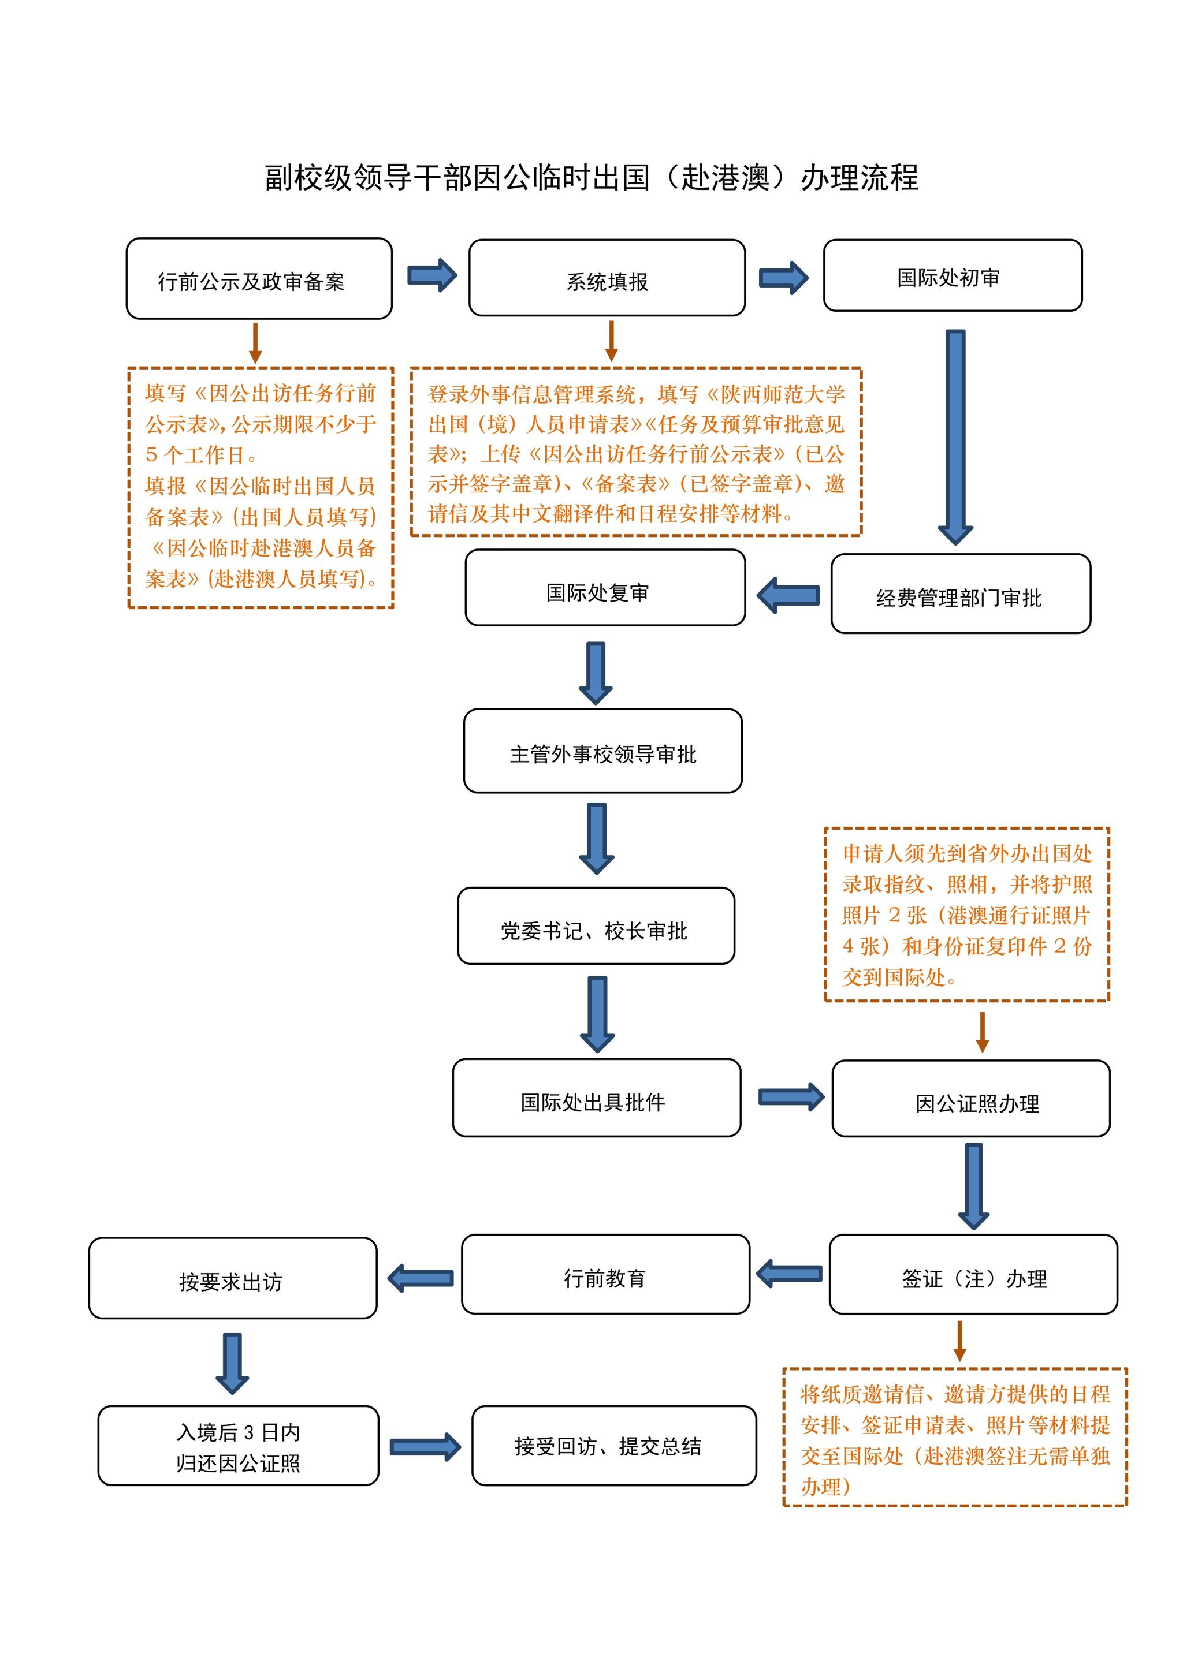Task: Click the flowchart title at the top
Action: click(x=591, y=178)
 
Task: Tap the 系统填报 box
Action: click(x=607, y=279)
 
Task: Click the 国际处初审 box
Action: click(x=952, y=276)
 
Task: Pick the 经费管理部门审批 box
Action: click(x=960, y=594)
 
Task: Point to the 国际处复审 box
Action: click(x=605, y=588)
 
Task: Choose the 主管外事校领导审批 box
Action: click(x=602, y=751)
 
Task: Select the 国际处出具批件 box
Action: click(x=596, y=1098)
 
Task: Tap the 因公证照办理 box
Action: click(x=970, y=1099)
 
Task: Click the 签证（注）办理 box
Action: click(x=973, y=1274)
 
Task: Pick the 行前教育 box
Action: click(x=605, y=1274)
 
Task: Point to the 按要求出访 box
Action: click(x=232, y=1279)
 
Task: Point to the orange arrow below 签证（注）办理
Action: click(x=959, y=1341)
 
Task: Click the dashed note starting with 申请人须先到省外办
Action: click(x=966, y=915)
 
